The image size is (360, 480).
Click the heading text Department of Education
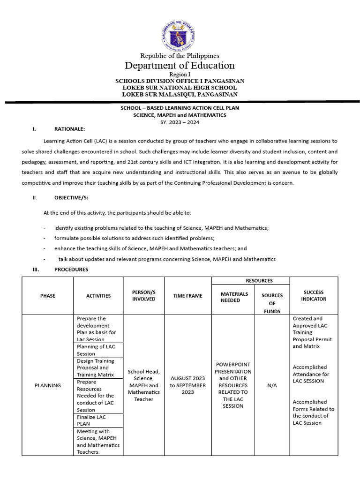[x=180, y=65]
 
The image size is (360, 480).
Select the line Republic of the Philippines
[x=180, y=56]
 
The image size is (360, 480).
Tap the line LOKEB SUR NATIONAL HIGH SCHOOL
[x=180, y=88]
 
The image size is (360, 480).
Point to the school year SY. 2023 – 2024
[x=180, y=122]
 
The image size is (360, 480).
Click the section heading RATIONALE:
[x=70, y=129]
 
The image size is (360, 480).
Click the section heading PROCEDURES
[x=71, y=270]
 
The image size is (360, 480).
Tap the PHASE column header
[x=47, y=296]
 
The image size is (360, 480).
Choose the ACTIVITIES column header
[x=98, y=296]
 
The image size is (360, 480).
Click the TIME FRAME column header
[x=188, y=296]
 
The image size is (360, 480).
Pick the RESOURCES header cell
[x=259, y=281]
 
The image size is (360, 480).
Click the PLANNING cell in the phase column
[x=47, y=385]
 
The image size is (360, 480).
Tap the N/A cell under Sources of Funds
[x=272, y=385]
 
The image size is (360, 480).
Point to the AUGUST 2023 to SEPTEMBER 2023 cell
[x=188, y=385]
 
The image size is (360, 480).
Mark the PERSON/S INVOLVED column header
[x=143, y=295]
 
